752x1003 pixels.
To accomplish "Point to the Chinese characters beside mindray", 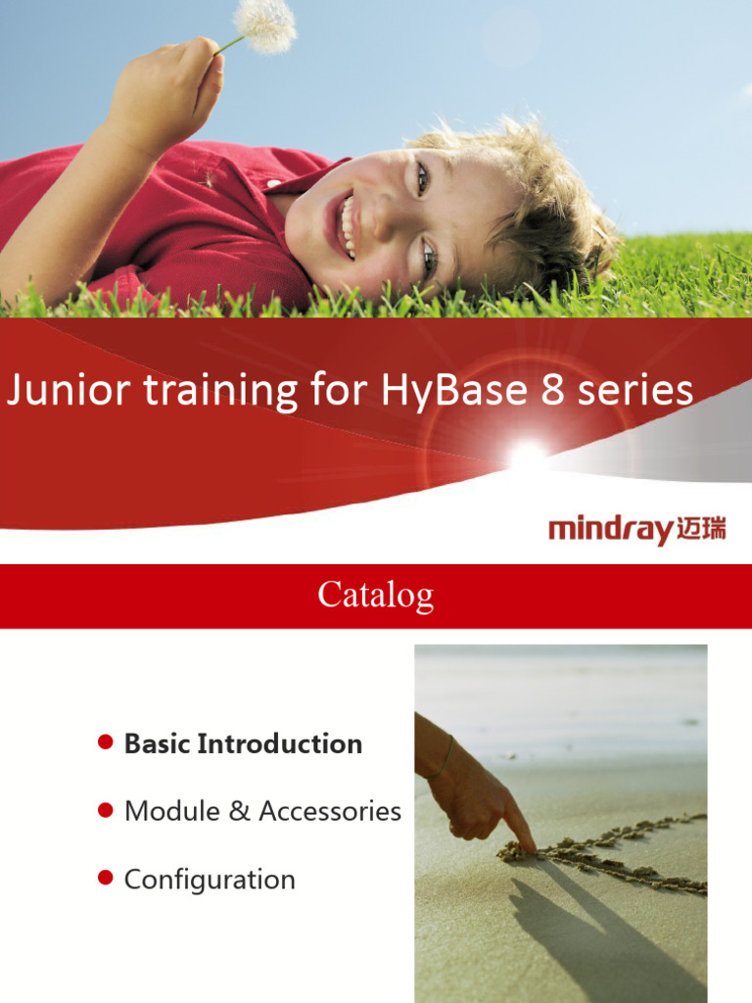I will [x=701, y=532].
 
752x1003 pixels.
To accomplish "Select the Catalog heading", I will [x=376, y=595].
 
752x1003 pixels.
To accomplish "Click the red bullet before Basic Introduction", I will [x=105, y=742].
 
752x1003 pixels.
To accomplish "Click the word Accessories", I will [x=330, y=811].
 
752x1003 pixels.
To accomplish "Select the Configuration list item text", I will [x=210, y=879].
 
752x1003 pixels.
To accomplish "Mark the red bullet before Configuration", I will [x=105, y=878].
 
